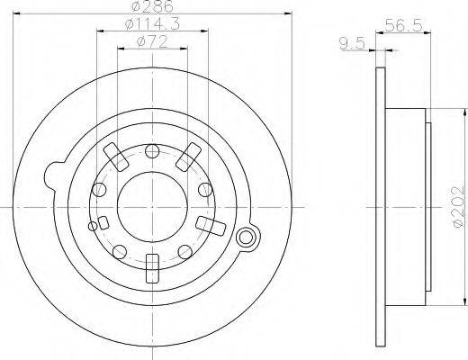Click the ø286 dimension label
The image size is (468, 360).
[x=153, y=6]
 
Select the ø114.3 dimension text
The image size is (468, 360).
[x=152, y=24]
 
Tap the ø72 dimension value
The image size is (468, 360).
[x=152, y=42]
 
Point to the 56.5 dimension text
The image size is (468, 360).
[x=404, y=25]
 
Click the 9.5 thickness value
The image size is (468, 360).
[x=352, y=44]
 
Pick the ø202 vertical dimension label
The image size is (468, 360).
[x=459, y=208]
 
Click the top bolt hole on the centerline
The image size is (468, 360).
[x=152, y=151]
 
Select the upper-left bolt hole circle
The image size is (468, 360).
[x=99, y=189]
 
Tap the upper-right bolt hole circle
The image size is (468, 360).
[x=205, y=189]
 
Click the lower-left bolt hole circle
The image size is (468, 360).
[x=120, y=252]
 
